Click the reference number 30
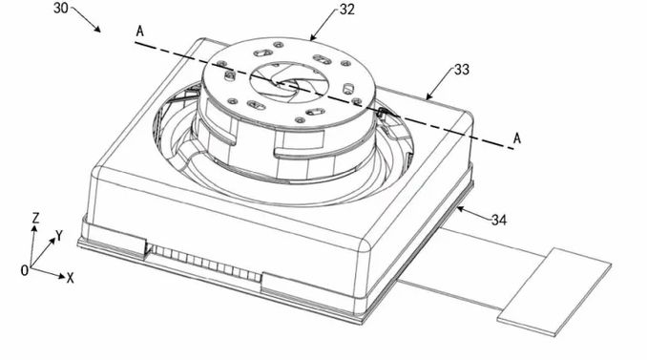coord(61,8)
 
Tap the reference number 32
coord(347,10)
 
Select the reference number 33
coord(462,70)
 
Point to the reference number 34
coord(499,220)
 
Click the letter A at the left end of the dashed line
coord(140,32)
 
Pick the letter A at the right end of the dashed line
coord(517,138)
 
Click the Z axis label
coord(36,218)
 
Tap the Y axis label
coord(59,236)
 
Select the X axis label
coord(71,279)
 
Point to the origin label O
coord(25,270)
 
